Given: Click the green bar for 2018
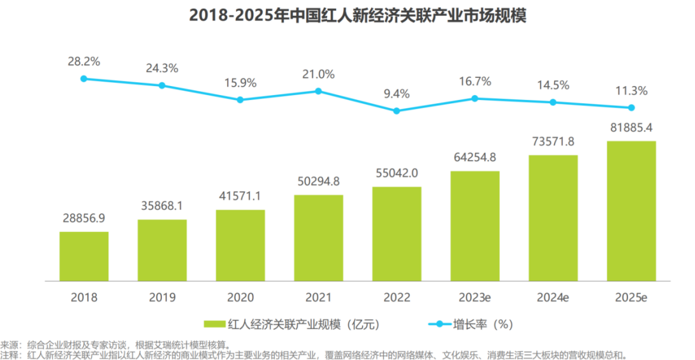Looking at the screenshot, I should coord(84,256).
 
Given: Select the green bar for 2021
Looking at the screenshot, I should coord(318,238).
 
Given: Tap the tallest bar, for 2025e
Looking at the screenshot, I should coord(631,211).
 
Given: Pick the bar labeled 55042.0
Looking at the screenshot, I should coord(397,234).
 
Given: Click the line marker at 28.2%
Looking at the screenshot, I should coord(84,78).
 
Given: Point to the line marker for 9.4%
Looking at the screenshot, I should coord(397,110).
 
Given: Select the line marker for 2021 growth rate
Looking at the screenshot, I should coord(318,91).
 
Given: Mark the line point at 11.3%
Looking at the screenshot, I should coord(631,108).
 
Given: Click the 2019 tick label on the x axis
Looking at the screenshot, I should coord(162,297).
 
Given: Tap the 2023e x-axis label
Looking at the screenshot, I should coord(475,297).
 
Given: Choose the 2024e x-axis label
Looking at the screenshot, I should coord(553,297).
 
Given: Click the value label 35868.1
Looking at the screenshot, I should coord(162,206).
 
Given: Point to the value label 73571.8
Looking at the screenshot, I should coord(553,141).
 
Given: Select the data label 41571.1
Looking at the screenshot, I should coord(240,196).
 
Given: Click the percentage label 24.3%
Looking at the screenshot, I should coord(162,68).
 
